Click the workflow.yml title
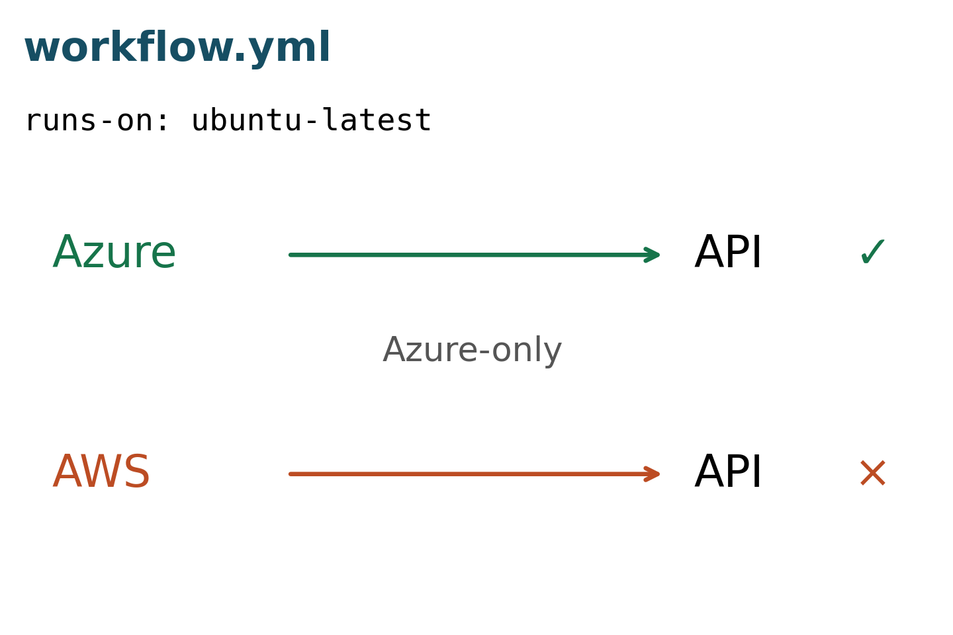(177, 48)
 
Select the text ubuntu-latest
(312, 120)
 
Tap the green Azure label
(114, 252)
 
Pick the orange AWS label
(101, 471)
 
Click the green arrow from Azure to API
(474, 255)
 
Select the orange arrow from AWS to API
(474, 474)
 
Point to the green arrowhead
(653, 255)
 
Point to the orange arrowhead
(653, 474)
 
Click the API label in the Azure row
(727, 252)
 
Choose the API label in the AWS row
(727, 471)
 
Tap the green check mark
(872, 252)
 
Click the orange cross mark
(872, 473)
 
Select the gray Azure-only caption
(473, 350)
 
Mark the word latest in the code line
(377, 120)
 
